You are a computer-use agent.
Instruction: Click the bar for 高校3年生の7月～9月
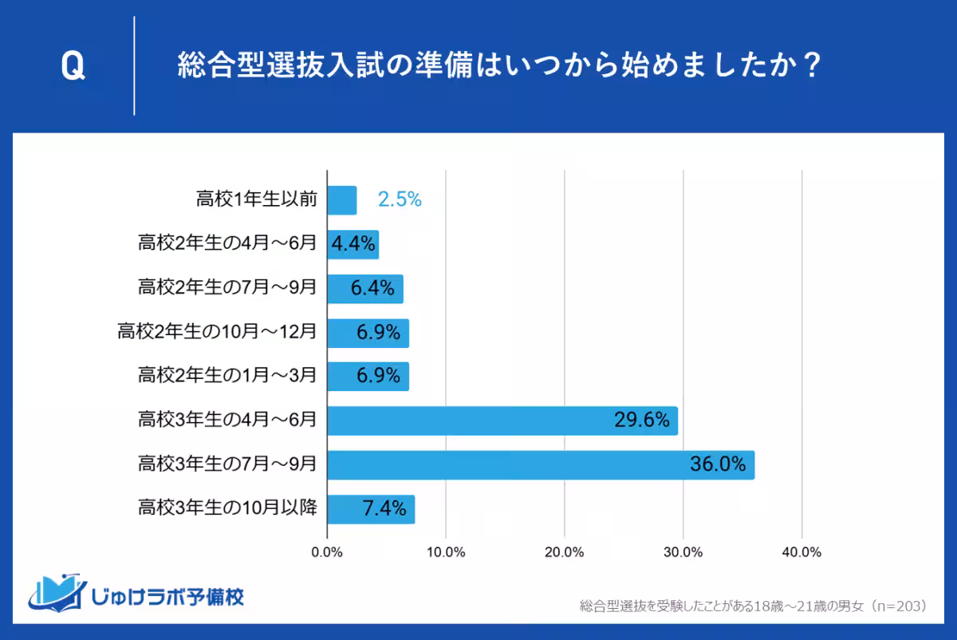point(541,464)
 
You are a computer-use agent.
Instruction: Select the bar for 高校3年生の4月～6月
point(502,421)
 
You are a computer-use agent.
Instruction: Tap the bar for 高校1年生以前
point(342,200)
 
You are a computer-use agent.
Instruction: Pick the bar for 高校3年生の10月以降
point(371,508)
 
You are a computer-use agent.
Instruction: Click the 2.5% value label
point(400,200)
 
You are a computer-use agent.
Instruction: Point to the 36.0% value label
point(718,464)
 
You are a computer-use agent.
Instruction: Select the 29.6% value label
point(641,421)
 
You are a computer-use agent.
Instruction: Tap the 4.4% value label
point(353,244)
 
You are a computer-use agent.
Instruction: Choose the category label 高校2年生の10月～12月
point(217,332)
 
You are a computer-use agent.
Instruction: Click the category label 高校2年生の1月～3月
point(227,376)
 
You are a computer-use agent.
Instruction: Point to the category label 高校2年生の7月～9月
point(227,288)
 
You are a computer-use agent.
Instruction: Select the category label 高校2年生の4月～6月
point(227,244)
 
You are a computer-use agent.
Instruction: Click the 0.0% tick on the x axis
point(327,552)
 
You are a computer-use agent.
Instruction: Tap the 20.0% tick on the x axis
point(565,552)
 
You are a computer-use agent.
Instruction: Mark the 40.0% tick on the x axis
point(801,552)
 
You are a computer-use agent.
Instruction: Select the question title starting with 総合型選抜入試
point(499,67)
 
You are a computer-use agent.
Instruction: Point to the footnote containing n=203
point(753,606)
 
